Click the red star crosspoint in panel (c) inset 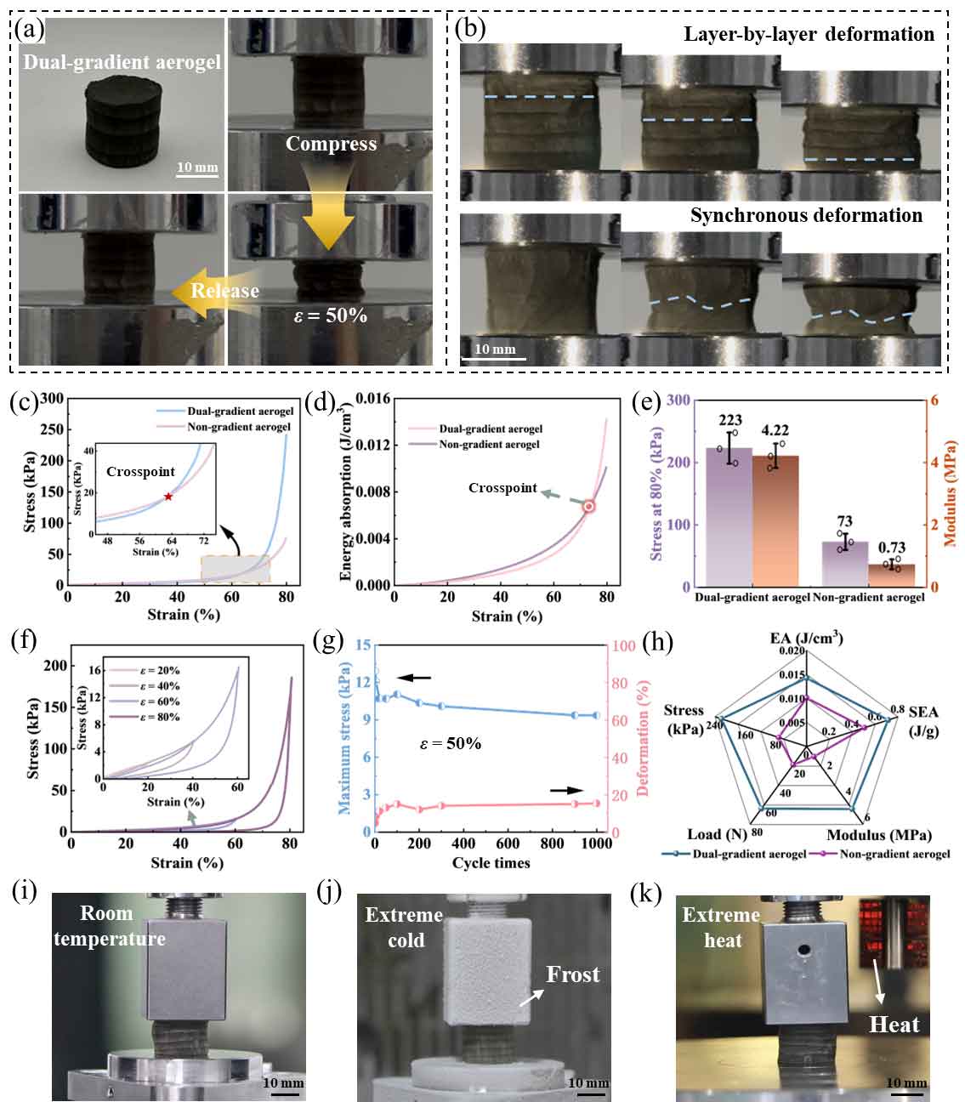point(168,497)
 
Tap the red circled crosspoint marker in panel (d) point(588,506)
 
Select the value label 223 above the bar point(729,420)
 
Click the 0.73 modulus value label point(892,548)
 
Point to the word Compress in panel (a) point(331,144)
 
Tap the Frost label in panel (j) point(573,974)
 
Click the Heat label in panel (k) point(894,1025)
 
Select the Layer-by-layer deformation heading point(809,35)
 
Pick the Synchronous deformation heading point(806,216)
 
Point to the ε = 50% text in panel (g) point(450,743)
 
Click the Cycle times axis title point(491,863)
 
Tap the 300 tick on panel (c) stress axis point(52,399)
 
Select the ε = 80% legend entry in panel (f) point(159,717)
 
